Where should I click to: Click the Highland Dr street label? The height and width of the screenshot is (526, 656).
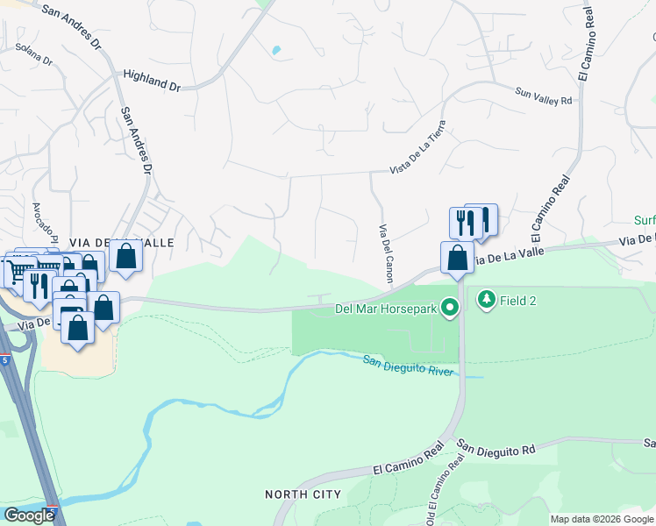(151, 81)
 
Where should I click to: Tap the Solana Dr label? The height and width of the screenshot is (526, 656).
(33, 62)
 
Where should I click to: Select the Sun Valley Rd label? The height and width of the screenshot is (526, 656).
(544, 96)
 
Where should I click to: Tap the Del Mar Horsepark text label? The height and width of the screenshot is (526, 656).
(387, 309)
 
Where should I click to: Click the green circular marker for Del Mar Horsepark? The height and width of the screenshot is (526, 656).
(451, 308)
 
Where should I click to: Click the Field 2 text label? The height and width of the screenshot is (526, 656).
(519, 301)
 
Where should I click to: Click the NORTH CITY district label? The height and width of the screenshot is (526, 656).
(303, 495)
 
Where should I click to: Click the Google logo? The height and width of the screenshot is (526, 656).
(29, 515)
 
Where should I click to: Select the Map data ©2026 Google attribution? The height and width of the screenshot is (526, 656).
(603, 519)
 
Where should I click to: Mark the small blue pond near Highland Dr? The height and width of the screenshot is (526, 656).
(276, 51)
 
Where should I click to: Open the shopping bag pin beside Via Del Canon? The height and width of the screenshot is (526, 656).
(457, 257)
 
